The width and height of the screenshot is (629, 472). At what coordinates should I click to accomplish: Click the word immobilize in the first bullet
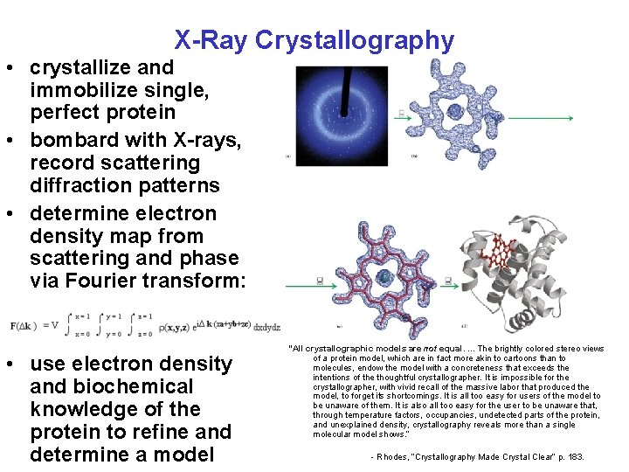(x=78, y=90)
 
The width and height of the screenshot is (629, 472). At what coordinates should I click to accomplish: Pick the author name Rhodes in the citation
(x=397, y=457)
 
